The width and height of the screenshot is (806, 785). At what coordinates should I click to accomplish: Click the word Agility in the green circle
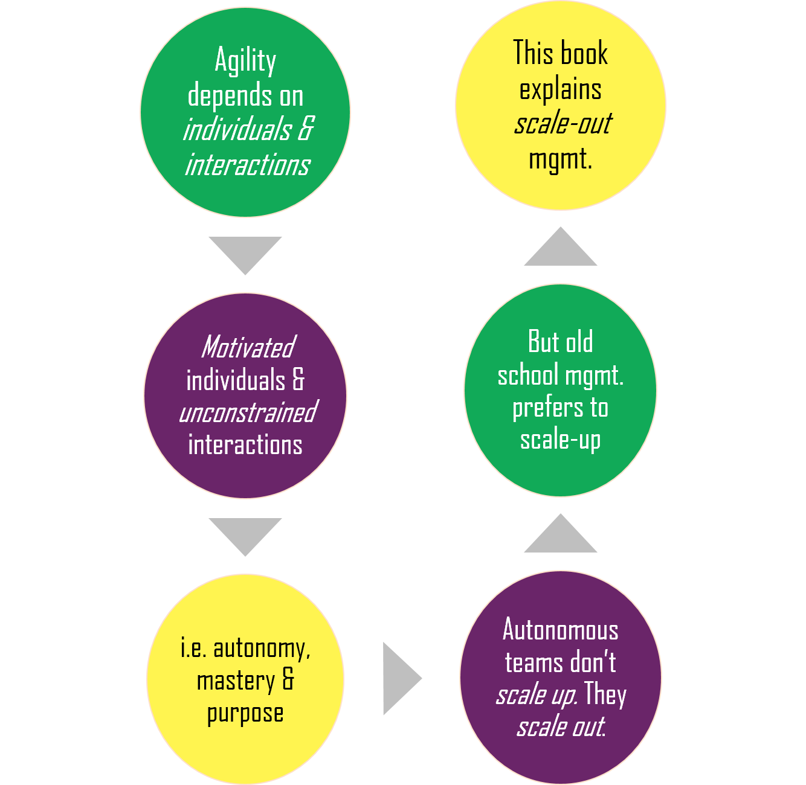(x=245, y=62)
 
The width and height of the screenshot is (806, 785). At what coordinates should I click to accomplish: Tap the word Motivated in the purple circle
(x=248, y=347)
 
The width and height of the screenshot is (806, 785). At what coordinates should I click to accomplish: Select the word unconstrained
(x=248, y=412)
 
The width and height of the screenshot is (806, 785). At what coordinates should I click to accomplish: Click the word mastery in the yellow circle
(x=236, y=681)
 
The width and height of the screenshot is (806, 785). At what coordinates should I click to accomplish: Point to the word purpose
(x=245, y=714)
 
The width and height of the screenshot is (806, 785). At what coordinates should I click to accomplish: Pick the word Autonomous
(x=561, y=630)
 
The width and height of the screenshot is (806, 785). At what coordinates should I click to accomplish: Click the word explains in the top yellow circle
(x=561, y=89)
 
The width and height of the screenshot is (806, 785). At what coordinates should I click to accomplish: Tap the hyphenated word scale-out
(x=563, y=124)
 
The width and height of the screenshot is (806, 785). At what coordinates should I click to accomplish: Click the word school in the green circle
(x=527, y=376)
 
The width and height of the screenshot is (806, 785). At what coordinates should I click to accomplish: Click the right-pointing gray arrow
(x=400, y=678)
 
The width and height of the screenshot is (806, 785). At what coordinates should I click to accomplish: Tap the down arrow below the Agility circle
(x=245, y=253)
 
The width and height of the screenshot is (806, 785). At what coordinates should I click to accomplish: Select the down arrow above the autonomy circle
(x=245, y=534)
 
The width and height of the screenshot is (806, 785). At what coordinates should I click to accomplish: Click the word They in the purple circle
(x=605, y=695)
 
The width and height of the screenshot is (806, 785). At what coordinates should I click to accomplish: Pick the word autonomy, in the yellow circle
(x=262, y=649)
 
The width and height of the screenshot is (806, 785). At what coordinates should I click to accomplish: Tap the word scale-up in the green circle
(x=561, y=441)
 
